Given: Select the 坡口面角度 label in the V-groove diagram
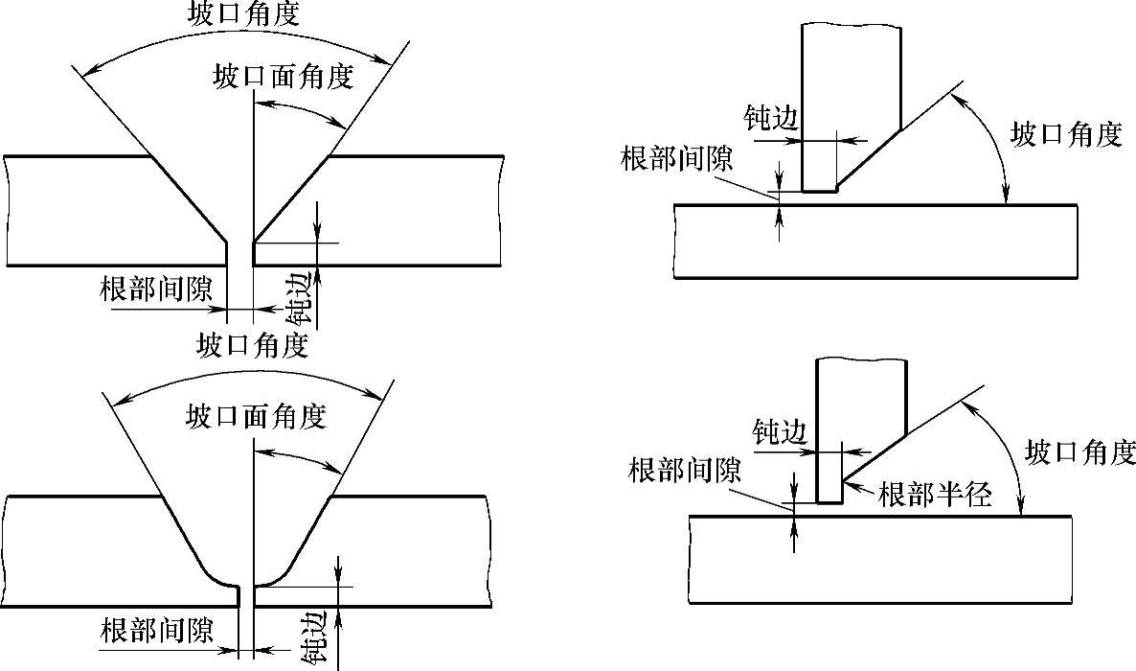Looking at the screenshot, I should [x=284, y=77].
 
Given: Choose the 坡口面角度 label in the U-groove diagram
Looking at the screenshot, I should [x=256, y=416].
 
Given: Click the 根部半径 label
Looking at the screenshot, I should [x=934, y=495].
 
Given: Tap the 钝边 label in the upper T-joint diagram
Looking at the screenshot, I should [x=770, y=117].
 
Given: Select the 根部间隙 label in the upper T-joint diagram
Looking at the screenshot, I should [x=676, y=158].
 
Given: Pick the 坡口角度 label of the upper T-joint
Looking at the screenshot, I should [x=1066, y=135].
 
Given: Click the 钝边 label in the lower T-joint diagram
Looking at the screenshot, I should [x=781, y=431].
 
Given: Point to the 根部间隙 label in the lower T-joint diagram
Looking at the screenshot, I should [x=685, y=471].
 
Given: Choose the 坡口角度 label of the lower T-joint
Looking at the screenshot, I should [x=1079, y=451].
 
